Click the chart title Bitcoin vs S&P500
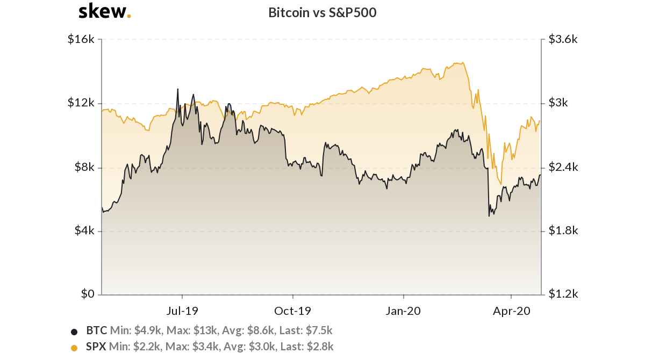coord(322,13)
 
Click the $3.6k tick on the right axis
coord(563,39)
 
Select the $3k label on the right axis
coord(559,103)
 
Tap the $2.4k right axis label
coord(563,167)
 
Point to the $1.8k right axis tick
coord(563,231)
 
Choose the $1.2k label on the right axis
coord(563,294)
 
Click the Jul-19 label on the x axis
coord(182,311)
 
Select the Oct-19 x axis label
coord(292,311)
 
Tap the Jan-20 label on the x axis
coord(403,311)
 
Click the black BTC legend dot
coord(74,331)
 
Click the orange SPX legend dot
coord(74,348)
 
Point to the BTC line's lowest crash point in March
coord(489,216)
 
